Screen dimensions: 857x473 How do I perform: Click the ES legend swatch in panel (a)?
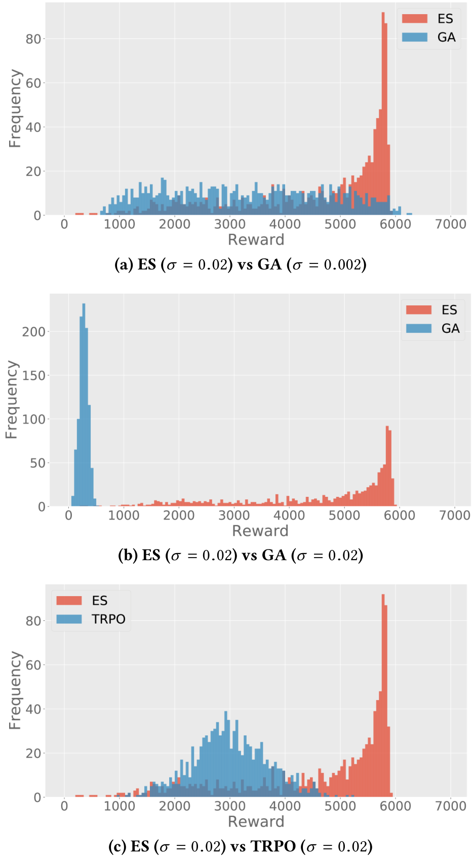coord(414,19)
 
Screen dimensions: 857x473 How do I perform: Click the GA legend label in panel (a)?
coord(446,37)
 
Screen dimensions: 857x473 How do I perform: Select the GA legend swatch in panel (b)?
coord(418,329)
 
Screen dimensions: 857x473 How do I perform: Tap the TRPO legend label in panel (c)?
coord(108,619)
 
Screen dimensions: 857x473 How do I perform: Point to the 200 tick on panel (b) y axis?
coord(34,332)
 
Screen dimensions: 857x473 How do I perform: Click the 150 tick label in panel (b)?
coord(34,375)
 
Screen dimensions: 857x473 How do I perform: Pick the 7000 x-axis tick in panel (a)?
coord(450,224)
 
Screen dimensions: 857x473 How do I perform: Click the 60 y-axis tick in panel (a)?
coord(33,83)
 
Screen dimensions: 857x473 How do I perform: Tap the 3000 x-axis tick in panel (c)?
coord(229,806)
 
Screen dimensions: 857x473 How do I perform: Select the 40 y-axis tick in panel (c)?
coord(33,709)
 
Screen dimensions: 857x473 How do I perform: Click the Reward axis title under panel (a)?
coord(256,240)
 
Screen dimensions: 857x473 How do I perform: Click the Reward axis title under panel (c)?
coord(256,822)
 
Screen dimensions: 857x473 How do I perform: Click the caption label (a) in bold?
coord(124,265)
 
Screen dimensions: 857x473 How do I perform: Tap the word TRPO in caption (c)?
coord(273,846)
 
